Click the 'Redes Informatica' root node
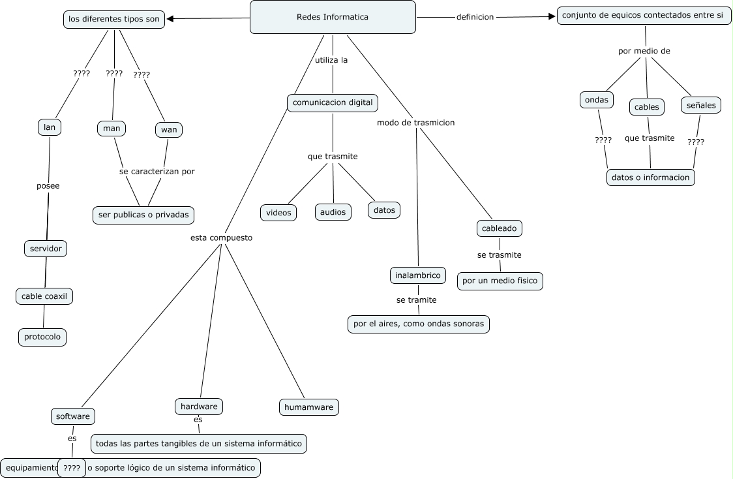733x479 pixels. [333, 17]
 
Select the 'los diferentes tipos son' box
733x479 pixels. [114, 19]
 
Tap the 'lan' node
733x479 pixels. [50, 127]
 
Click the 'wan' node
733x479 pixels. [169, 129]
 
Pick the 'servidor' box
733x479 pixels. [46, 249]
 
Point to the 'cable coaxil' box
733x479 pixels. [44, 296]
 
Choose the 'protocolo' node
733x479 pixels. [42, 337]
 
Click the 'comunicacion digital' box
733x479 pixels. [333, 102]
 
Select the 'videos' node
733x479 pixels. [278, 213]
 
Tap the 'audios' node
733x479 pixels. [333, 212]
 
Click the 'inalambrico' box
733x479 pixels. [418, 275]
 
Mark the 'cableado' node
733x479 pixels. [500, 228]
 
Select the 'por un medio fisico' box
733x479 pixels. [500, 281]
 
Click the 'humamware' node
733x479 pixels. [309, 407]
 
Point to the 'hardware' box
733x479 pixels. [199, 406]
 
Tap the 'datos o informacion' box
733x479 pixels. [650, 177]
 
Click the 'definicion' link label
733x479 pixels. [475, 17]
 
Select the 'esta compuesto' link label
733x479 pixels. [221, 238]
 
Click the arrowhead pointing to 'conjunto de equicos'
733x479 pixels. [551, 17]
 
